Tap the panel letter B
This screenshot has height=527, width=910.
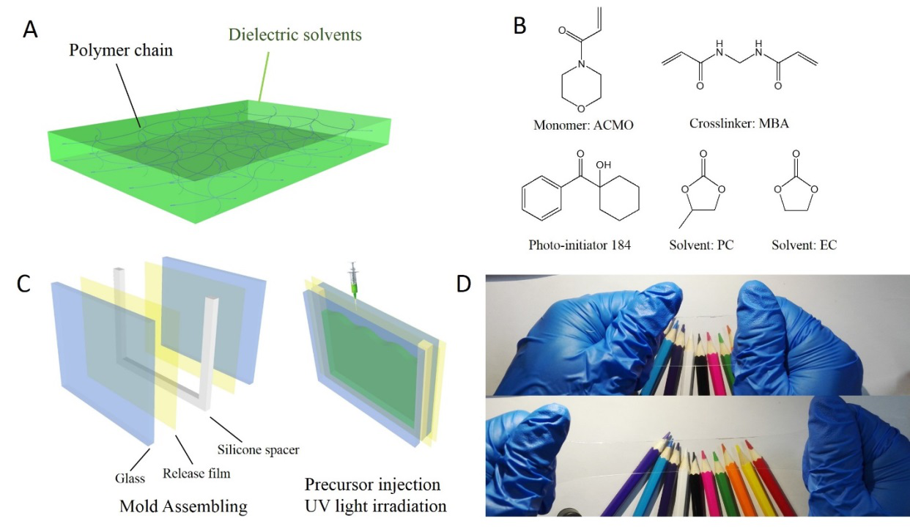(519, 26)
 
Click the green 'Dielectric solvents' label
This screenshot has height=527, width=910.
(295, 34)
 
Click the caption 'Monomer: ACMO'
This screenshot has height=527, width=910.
(583, 124)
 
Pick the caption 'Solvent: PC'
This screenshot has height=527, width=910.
(702, 245)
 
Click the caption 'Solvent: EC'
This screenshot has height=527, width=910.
(804, 245)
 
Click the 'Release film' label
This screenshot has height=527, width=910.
(196, 473)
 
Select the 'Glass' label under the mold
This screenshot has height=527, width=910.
(129, 479)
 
